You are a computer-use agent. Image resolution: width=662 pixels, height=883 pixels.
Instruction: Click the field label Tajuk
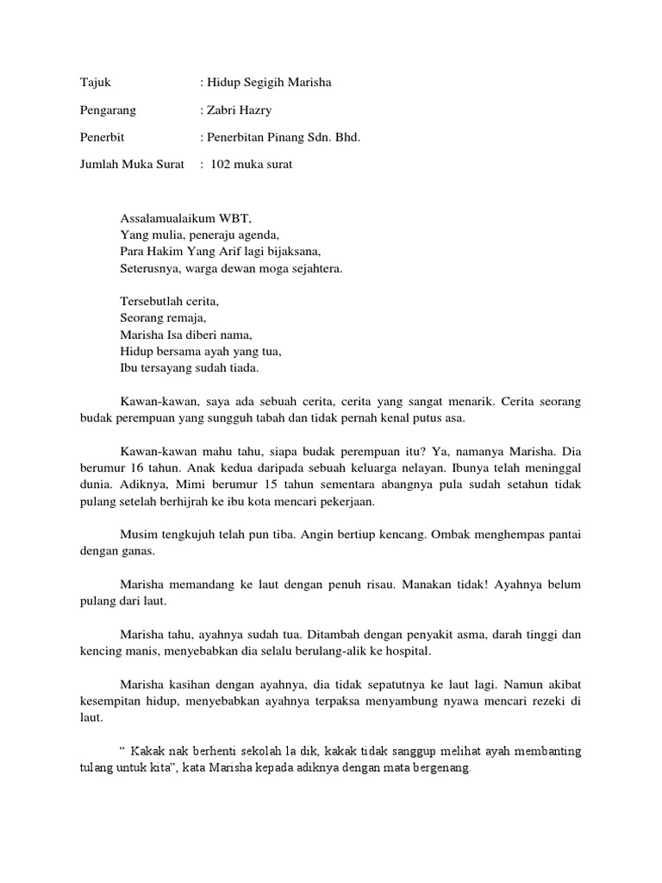tap(95, 83)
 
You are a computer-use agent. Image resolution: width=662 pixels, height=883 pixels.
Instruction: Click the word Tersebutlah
tap(151, 302)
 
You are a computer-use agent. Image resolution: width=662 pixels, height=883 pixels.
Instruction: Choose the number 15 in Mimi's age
tap(254, 485)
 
